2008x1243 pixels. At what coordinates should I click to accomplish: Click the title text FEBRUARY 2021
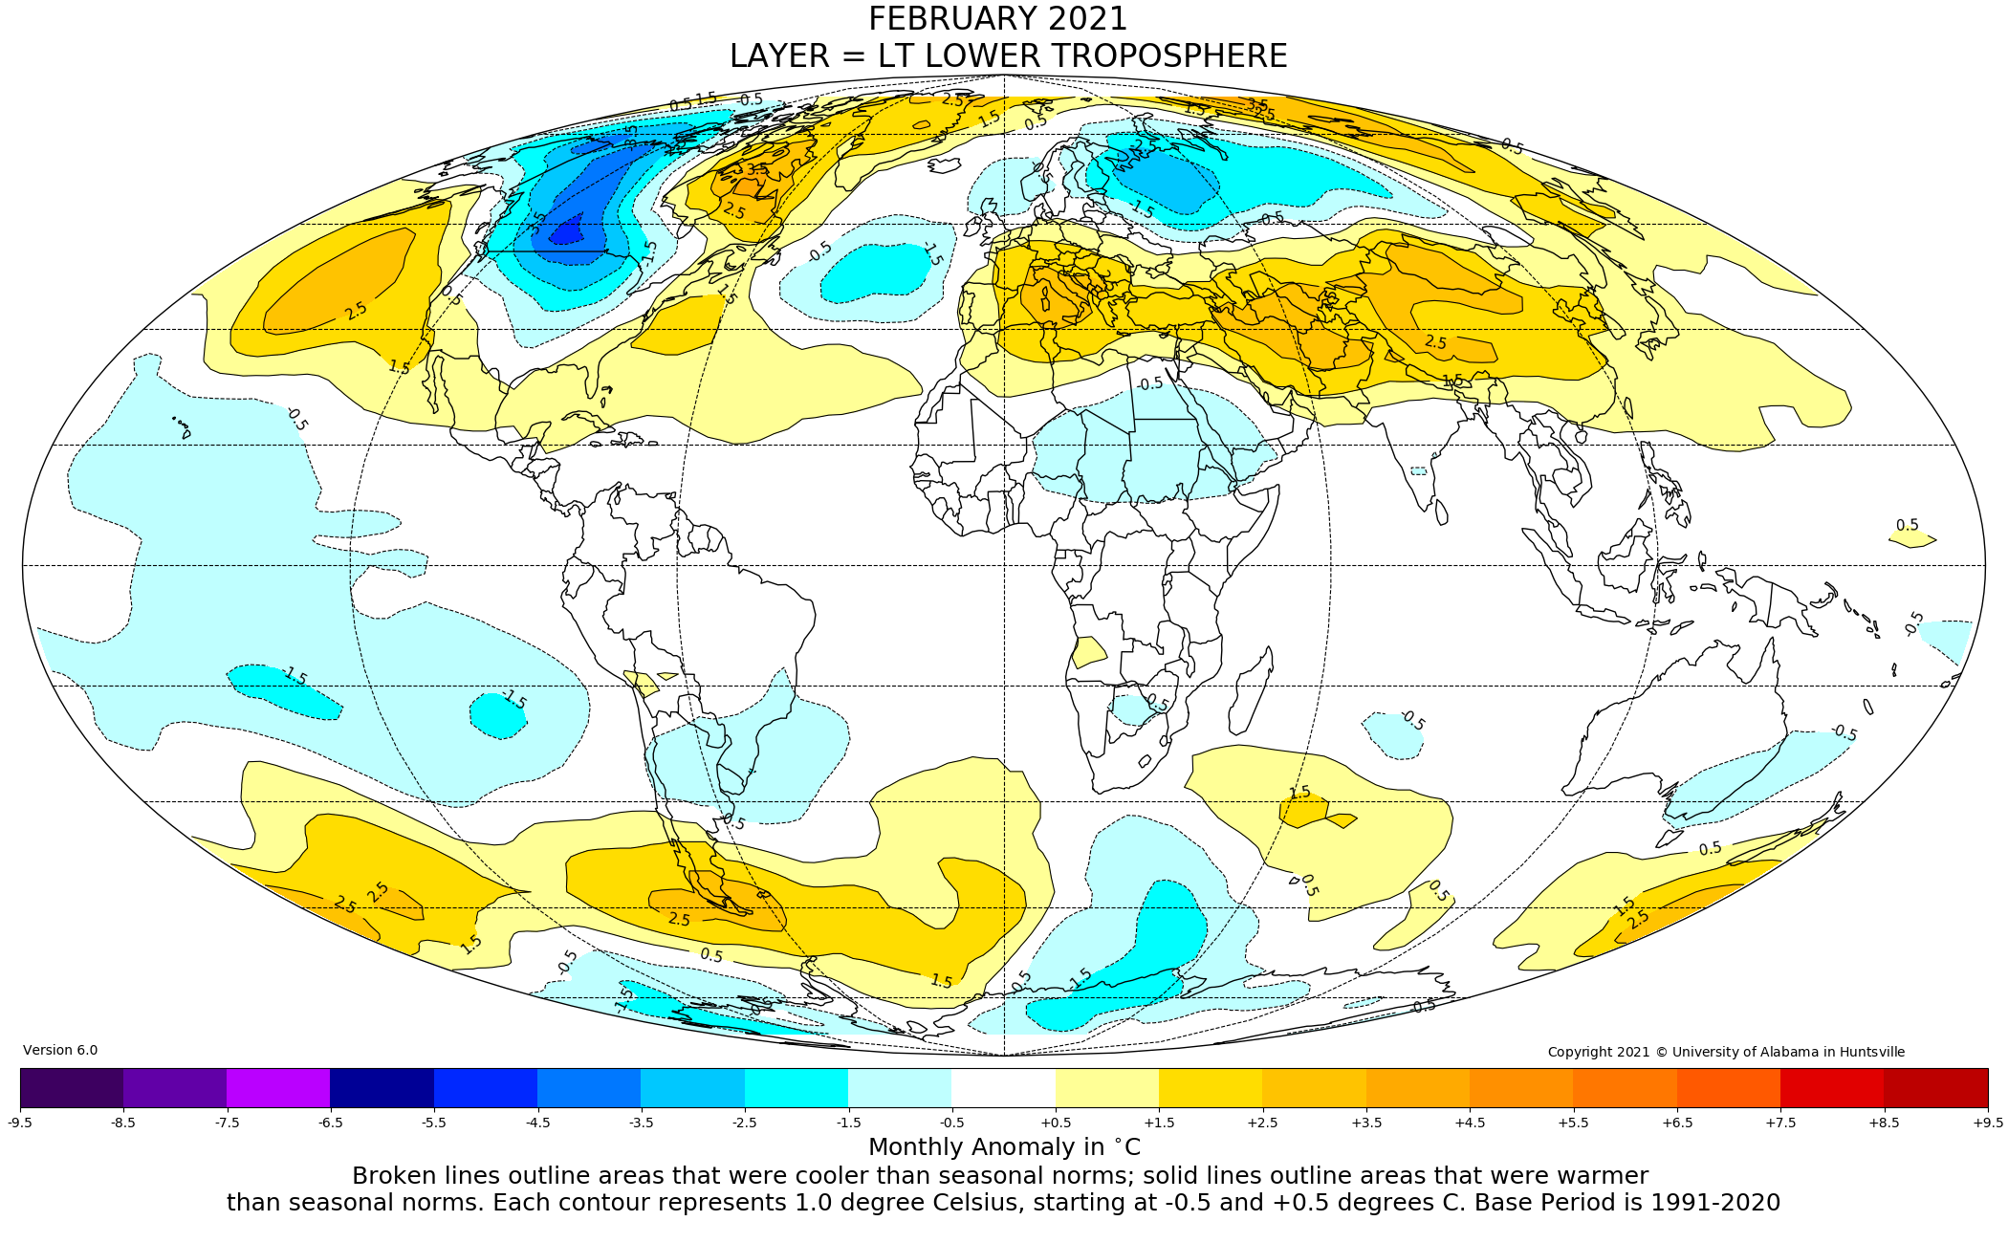tap(997, 19)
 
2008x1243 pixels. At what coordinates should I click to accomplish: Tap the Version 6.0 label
tap(60, 1050)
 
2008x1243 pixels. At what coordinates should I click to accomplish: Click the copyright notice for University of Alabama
tap(1726, 1052)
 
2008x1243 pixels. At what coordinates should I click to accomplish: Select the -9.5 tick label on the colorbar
tap(20, 1123)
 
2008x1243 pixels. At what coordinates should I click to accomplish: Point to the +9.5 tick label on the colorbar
tap(1987, 1123)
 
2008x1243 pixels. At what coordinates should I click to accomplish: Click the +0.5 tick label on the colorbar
tap(1056, 1123)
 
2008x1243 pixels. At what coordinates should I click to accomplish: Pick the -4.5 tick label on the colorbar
tap(537, 1123)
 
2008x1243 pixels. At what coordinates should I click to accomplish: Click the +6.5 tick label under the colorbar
tap(1677, 1123)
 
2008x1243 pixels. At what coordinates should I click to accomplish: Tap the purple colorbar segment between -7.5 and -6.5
tap(278, 1088)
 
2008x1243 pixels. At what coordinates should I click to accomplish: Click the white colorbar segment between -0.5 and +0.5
tap(1003, 1088)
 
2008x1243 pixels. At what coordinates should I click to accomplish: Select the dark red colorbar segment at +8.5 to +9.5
tap(1935, 1088)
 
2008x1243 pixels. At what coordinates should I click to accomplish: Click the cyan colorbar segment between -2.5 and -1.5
tap(796, 1088)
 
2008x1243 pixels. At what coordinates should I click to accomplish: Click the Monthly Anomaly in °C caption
tap(1004, 1147)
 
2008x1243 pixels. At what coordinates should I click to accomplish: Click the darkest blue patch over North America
tap(568, 232)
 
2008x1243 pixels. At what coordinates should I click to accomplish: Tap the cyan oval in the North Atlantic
tap(875, 273)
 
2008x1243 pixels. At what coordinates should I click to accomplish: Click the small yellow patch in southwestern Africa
tap(1088, 652)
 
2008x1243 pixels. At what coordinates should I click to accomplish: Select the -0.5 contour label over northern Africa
tap(1149, 383)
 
